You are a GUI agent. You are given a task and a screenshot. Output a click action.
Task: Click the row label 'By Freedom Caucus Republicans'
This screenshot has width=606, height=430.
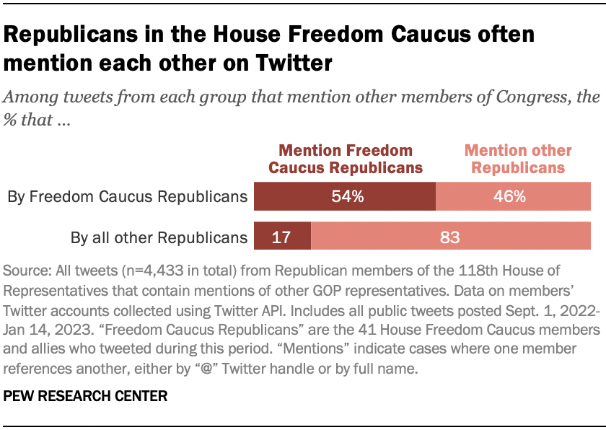pos(127,196)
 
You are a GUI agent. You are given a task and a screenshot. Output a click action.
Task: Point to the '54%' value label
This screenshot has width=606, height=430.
pos(346,196)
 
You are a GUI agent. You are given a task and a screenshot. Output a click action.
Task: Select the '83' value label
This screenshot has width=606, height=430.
pos(450,237)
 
